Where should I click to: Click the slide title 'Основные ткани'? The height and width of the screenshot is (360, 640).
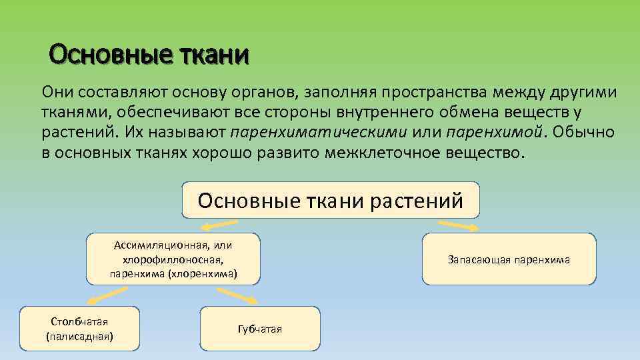pos(149,54)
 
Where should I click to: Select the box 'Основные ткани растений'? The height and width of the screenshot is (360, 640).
pos(330,200)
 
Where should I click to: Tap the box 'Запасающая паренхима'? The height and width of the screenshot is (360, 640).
pos(509,259)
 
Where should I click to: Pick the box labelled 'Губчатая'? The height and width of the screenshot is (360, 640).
pos(260,329)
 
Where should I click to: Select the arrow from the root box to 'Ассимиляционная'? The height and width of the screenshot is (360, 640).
pos(221,225)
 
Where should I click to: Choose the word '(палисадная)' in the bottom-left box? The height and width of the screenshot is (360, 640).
pos(79,336)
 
